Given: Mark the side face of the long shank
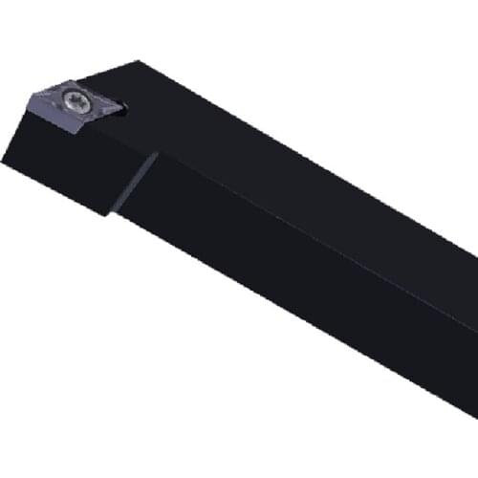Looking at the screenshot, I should [306, 287].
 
